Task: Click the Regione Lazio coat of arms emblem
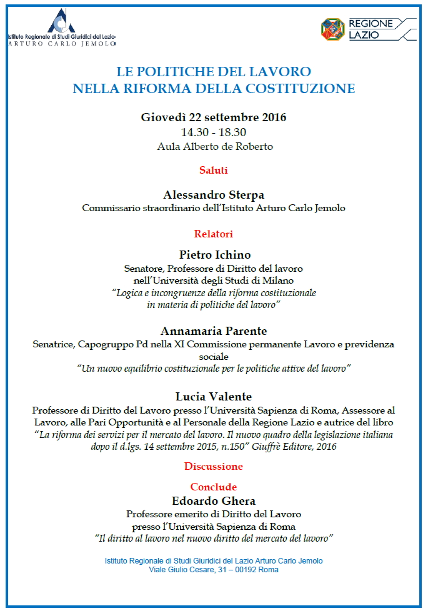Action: pos(332,29)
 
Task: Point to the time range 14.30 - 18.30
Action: pos(214,132)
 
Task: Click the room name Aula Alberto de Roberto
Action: pos(214,147)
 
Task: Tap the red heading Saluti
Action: pos(214,170)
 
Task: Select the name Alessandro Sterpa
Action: pos(214,194)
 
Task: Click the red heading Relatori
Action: pos(214,234)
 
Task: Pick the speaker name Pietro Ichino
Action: pos(214,254)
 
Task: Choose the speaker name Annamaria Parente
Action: pos(214,330)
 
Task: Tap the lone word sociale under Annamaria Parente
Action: pos(214,355)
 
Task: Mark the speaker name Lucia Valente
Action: pos(214,396)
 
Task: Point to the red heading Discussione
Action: pos(214,466)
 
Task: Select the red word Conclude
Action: pos(214,487)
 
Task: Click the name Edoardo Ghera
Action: pos(214,500)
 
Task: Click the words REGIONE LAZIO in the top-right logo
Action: pos(371,29)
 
